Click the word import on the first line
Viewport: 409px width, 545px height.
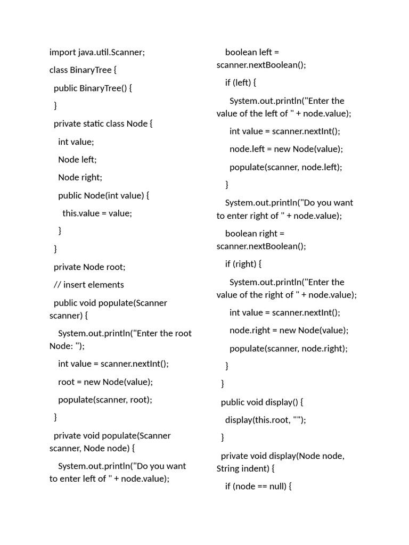pyautogui.click(x=62, y=52)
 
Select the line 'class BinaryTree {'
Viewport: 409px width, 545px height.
pyautogui.click(x=83, y=70)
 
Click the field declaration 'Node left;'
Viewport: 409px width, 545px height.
pyautogui.click(x=77, y=159)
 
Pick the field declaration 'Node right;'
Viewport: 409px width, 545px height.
pyautogui.click(x=80, y=177)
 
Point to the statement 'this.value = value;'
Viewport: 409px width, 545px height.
pyautogui.click(x=97, y=213)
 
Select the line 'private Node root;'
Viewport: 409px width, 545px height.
pyautogui.click(x=89, y=267)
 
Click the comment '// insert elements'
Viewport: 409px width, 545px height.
pyautogui.click(x=89, y=285)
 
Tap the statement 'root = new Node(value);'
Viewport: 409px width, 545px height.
pyautogui.click(x=105, y=382)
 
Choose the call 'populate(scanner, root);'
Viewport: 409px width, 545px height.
pyautogui.click(x=105, y=400)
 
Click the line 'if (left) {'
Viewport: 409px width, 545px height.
pyautogui.click(x=241, y=82)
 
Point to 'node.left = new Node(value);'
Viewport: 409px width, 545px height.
pyautogui.click(x=286, y=149)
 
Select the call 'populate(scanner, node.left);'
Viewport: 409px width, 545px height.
pyautogui.click(x=285, y=167)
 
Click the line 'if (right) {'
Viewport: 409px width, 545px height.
pyautogui.click(x=243, y=264)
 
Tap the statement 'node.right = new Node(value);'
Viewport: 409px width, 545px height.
pyautogui.click(x=289, y=330)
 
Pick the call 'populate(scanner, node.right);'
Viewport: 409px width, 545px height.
pyautogui.click(x=288, y=349)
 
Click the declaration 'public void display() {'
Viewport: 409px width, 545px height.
pyautogui.click(x=261, y=402)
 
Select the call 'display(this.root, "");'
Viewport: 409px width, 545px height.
pyautogui.click(x=266, y=420)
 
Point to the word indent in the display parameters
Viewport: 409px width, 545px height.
pyautogui.click(x=255, y=469)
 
